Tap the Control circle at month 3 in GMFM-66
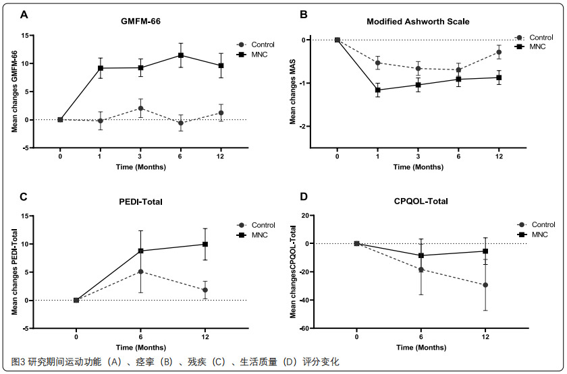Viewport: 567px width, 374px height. tap(140, 108)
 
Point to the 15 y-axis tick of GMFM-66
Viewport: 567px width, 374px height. tap(43, 36)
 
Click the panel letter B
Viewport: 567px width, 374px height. tap(304, 14)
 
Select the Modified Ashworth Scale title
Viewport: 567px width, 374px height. tap(417, 21)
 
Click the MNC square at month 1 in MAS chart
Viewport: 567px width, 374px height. tap(377, 90)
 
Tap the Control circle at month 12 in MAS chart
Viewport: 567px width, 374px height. tap(499, 52)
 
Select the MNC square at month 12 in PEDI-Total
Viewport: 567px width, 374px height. tap(205, 244)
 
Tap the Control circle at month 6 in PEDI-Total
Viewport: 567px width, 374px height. tap(140, 272)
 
